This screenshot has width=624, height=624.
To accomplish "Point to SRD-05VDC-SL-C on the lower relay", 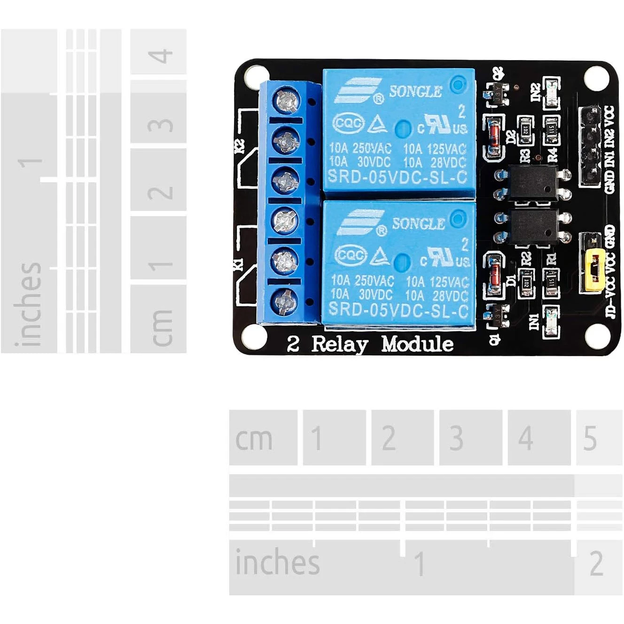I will pyautogui.click(x=398, y=310).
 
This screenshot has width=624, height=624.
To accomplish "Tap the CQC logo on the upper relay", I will pyautogui.click(x=348, y=124).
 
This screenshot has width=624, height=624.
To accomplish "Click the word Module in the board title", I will pyautogui.click(x=417, y=344).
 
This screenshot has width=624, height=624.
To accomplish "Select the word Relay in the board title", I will pyautogui.click(x=340, y=344).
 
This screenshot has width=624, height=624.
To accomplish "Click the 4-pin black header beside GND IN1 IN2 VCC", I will pyautogui.click(x=589, y=146).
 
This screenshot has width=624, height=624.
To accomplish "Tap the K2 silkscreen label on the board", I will pyautogui.click(x=240, y=146).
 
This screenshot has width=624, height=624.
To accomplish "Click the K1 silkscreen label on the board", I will pyautogui.click(x=239, y=264).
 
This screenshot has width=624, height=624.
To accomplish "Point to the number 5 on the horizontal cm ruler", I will pyautogui.click(x=590, y=438).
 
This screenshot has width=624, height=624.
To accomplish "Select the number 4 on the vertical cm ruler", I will pyautogui.click(x=160, y=56).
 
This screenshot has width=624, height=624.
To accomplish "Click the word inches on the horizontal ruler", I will pyautogui.click(x=277, y=562).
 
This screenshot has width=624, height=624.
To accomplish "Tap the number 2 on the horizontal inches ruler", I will pyautogui.click(x=596, y=563).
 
